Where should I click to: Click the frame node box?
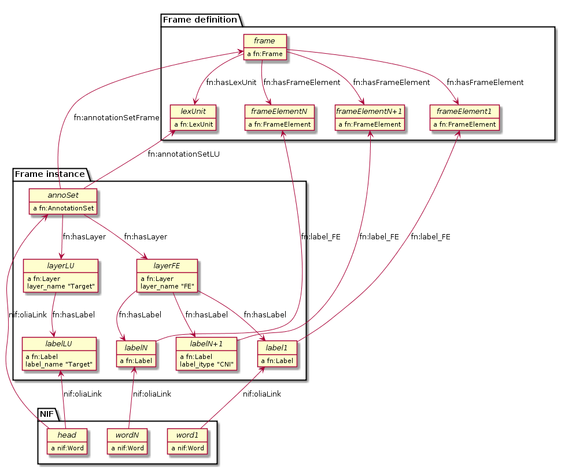tap(265, 47)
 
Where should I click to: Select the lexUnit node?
tap(193, 117)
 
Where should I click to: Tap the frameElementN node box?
tap(280, 117)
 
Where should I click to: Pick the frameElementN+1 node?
tap(370, 117)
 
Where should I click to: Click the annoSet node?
tap(62, 201)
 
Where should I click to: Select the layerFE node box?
tap(167, 275)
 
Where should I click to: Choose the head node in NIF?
tap(67, 441)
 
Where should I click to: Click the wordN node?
tap(127, 441)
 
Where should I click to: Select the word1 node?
tap(187, 441)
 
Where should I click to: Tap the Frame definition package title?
tap(200, 20)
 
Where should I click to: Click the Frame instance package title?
tap(50, 173)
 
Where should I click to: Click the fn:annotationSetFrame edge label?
tap(116, 118)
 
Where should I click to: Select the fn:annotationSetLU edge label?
tap(184, 154)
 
